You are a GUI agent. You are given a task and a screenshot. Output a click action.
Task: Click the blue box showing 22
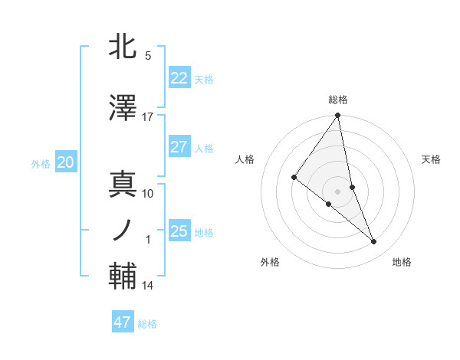pyautogui.click(x=179, y=78)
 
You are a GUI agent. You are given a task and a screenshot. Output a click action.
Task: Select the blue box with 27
pyautogui.click(x=179, y=147)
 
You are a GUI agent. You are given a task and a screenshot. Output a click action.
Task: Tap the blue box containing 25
pyautogui.click(x=179, y=231)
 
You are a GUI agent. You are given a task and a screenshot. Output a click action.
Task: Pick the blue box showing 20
pyautogui.click(x=65, y=162)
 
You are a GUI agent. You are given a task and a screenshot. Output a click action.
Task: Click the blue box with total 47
pyautogui.click(x=122, y=322)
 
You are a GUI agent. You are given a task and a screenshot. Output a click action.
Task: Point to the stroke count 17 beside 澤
pyautogui.click(x=148, y=117)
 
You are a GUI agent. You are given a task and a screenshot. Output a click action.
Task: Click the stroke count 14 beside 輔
pyautogui.click(x=148, y=286)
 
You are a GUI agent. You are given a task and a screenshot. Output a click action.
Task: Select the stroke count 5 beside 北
pyautogui.click(x=148, y=56)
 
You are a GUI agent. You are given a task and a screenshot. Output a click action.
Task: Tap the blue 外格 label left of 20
pyautogui.click(x=41, y=163)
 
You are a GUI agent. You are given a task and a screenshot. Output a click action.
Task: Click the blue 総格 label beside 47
pyautogui.click(x=147, y=324)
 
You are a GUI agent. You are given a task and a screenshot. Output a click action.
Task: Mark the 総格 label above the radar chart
pyautogui.click(x=338, y=100)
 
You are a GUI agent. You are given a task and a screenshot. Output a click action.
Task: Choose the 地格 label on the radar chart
pyautogui.click(x=402, y=262)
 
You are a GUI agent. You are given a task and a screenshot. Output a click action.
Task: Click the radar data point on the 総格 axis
pyautogui.click(x=338, y=116)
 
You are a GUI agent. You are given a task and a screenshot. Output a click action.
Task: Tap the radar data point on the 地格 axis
pyautogui.click(x=374, y=242)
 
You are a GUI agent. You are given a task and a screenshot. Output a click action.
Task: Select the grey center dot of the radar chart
pyautogui.click(x=338, y=190)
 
